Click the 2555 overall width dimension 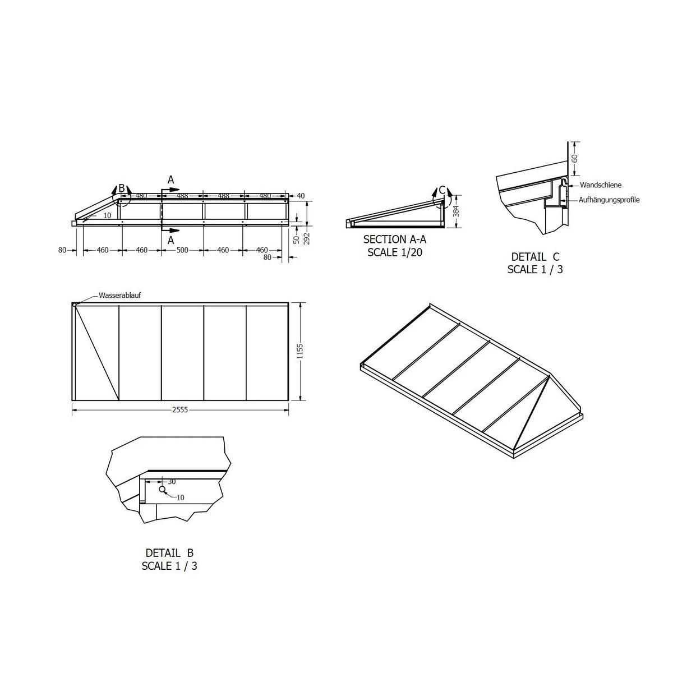[180, 409]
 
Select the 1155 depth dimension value [300, 351]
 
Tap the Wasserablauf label [120, 295]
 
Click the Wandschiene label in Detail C [601, 185]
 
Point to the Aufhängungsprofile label [609, 200]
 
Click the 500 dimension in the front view [182, 250]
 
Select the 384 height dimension [456, 211]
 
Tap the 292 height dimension [307, 238]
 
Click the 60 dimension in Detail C [574, 159]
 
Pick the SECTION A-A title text [395, 239]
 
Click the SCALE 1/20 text [395, 252]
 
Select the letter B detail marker [122, 188]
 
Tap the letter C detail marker [442, 190]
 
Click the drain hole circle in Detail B [162, 489]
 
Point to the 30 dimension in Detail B [172, 482]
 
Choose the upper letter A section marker [171, 180]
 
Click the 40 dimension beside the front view [301, 196]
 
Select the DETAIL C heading [535, 257]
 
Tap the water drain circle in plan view [74, 305]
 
